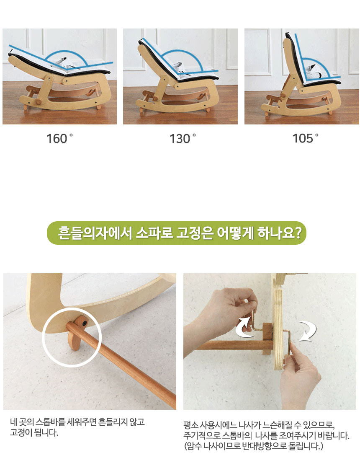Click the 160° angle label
point(60,139)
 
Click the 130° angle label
point(183,139)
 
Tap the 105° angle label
point(306,138)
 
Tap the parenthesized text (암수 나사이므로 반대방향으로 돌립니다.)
point(253,446)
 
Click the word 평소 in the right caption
point(190,425)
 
